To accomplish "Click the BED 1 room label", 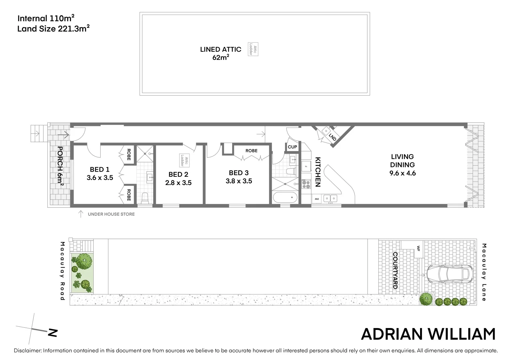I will [x=100, y=170].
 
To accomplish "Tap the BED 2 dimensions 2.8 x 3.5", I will [x=178, y=183].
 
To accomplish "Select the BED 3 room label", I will [x=239, y=173].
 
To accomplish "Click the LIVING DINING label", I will [x=402, y=161].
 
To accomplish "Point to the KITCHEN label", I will [x=317, y=172].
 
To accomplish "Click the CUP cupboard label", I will [x=292, y=147].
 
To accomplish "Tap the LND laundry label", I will [x=332, y=137].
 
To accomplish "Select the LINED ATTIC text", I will [x=221, y=49].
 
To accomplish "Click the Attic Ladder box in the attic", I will [x=253, y=49].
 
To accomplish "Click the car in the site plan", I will [x=450, y=274].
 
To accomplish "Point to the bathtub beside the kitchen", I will [x=285, y=198].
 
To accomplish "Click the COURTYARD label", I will [x=395, y=270].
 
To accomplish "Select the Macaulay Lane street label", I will [x=484, y=272].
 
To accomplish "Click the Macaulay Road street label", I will [x=62, y=271].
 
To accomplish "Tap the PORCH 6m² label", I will [x=60, y=165].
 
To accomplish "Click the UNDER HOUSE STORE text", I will [x=111, y=214].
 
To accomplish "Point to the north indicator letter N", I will [x=53, y=332].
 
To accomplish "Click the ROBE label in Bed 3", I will [x=252, y=151].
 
